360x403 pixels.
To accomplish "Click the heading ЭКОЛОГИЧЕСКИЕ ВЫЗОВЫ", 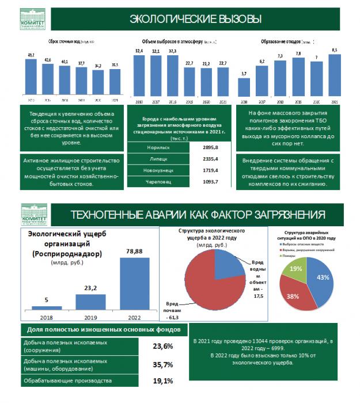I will click(196, 19).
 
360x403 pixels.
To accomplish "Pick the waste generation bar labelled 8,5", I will click(335, 78).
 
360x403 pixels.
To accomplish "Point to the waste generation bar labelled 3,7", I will click(244, 89).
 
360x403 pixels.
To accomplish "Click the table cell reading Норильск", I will click(151, 147).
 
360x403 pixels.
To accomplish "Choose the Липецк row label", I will click(151, 159).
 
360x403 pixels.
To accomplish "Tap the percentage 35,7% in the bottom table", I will click(162, 364).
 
